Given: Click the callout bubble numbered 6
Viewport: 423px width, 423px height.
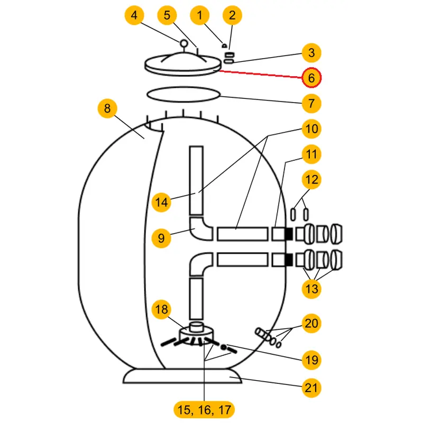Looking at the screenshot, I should point(311,78).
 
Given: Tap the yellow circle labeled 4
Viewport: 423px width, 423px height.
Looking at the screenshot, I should point(134,16).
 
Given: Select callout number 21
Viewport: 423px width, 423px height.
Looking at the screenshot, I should point(311,388).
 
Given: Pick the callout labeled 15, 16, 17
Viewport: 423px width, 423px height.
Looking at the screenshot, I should point(204,409).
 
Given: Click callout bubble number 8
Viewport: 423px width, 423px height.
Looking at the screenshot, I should point(107,109).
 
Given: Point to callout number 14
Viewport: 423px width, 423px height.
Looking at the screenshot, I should point(162,201).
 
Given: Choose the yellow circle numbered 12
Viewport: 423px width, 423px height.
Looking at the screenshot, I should point(311,179).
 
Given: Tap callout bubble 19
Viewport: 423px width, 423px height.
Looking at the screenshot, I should point(311,360).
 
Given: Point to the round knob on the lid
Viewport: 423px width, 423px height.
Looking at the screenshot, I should point(183,44).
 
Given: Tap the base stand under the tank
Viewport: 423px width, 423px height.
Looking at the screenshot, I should point(182,376).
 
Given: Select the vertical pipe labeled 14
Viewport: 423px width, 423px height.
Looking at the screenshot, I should point(196,180).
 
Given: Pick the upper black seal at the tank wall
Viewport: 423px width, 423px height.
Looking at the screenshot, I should point(289,233).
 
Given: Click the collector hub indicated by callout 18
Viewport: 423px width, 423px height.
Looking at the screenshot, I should point(196,333).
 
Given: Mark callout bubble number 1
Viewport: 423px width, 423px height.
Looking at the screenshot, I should point(199,16).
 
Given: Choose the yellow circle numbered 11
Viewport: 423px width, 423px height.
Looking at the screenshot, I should point(311,154).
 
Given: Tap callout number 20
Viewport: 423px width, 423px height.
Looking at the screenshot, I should point(311,323).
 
